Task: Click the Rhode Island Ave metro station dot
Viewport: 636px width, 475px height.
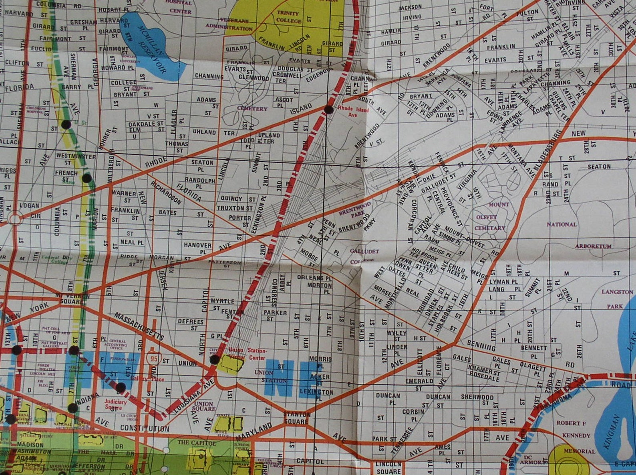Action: click(x=328, y=109)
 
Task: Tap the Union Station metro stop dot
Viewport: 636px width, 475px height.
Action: click(x=215, y=359)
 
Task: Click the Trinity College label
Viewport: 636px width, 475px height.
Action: click(x=288, y=17)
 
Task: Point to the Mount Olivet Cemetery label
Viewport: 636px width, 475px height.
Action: click(x=490, y=216)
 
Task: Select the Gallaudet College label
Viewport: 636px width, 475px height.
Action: click(x=364, y=256)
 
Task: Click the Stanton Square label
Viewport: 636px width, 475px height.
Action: click(x=296, y=418)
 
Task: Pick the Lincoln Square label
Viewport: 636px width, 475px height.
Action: click(x=389, y=467)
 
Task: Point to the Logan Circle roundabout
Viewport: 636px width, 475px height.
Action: click(x=15, y=219)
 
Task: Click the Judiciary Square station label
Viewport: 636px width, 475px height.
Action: click(x=115, y=405)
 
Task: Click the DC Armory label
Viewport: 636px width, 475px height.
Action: click(x=532, y=460)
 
